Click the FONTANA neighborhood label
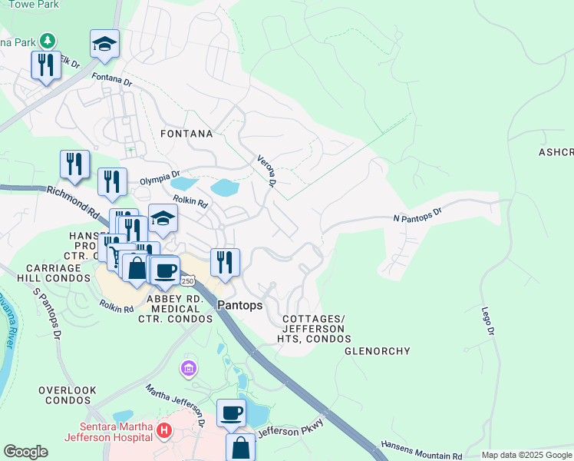tap(186, 134)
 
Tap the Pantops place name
tap(239, 305)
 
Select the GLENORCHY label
tap(377, 351)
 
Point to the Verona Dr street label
tap(266, 168)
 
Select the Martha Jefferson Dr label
tap(176, 405)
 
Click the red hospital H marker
tap(163, 431)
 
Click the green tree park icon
tap(48, 39)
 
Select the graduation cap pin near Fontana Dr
tap(104, 44)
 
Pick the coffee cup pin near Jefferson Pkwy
tap(231, 413)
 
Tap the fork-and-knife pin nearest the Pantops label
tap(225, 261)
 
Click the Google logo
tap(25, 452)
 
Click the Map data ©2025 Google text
tap(526, 455)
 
